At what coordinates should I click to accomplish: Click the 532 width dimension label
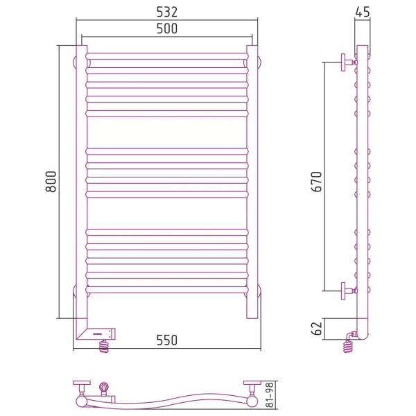click(x=166, y=12)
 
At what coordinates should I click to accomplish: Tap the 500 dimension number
click(x=166, y=28)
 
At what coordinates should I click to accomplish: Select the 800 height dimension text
click(x=51, y=182)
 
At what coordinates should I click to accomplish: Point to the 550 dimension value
click(x=166, y=340)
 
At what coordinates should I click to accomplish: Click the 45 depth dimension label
click(x=363, y=12)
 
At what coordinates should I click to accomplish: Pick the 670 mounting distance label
click(x=316, y=182)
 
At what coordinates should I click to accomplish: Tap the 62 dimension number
click(x=316, y=329)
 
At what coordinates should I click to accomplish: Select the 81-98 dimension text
click(x=269, y=395)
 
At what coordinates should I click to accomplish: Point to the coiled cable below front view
click(x=104, y=346)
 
